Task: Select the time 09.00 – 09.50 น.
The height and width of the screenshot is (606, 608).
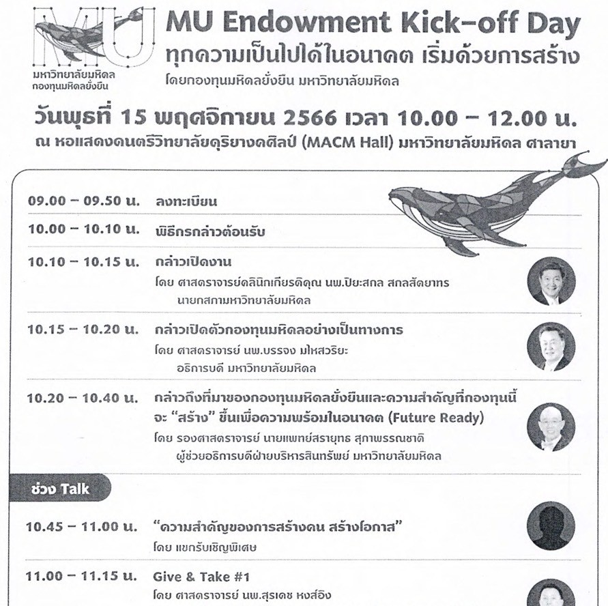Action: (83, 202)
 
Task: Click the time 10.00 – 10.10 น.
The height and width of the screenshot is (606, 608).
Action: (83, 230)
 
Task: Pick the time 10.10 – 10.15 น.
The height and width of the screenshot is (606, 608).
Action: (83, 262)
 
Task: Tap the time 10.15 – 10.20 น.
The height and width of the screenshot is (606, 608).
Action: (83, 330)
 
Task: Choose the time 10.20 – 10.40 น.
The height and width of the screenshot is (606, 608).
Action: (83, 399)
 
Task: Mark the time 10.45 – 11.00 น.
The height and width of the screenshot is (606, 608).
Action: (83, 526)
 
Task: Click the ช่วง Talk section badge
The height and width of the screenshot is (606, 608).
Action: (60, 489)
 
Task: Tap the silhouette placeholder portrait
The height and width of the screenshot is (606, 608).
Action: (551, 525)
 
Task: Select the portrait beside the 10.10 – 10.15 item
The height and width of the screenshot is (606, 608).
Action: (551, 280)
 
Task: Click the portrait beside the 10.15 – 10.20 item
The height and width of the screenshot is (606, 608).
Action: (551, 346)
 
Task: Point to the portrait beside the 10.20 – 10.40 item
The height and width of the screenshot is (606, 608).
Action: (551, 427)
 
